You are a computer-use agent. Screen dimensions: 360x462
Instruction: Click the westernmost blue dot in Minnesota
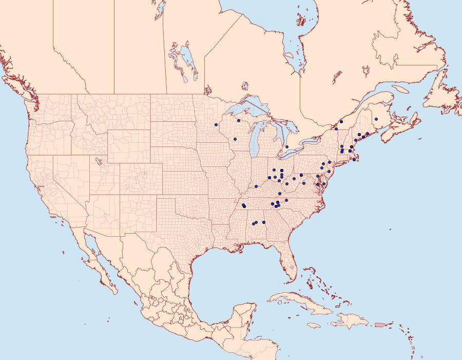pyautogui.click(x=216, y=125)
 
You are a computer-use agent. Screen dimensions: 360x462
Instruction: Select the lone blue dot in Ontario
pyautogui.click(x=287, y=147)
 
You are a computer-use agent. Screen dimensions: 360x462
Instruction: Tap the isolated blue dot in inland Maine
pyautogui.click(x=376, y=119)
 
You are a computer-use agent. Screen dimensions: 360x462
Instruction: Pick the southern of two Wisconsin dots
pyautogui.click(x=235, y=139)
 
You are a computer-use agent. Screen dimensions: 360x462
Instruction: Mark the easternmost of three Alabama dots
pyautogui.click(x=263, y=222)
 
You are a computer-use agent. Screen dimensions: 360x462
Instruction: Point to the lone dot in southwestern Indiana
pyautogui.click(x=256, y=186)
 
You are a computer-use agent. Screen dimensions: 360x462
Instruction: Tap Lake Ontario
pyautogui.click(x=310, y=140)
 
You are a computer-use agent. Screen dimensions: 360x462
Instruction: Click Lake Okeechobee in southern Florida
pyautogui.click(x=291, y=268)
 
